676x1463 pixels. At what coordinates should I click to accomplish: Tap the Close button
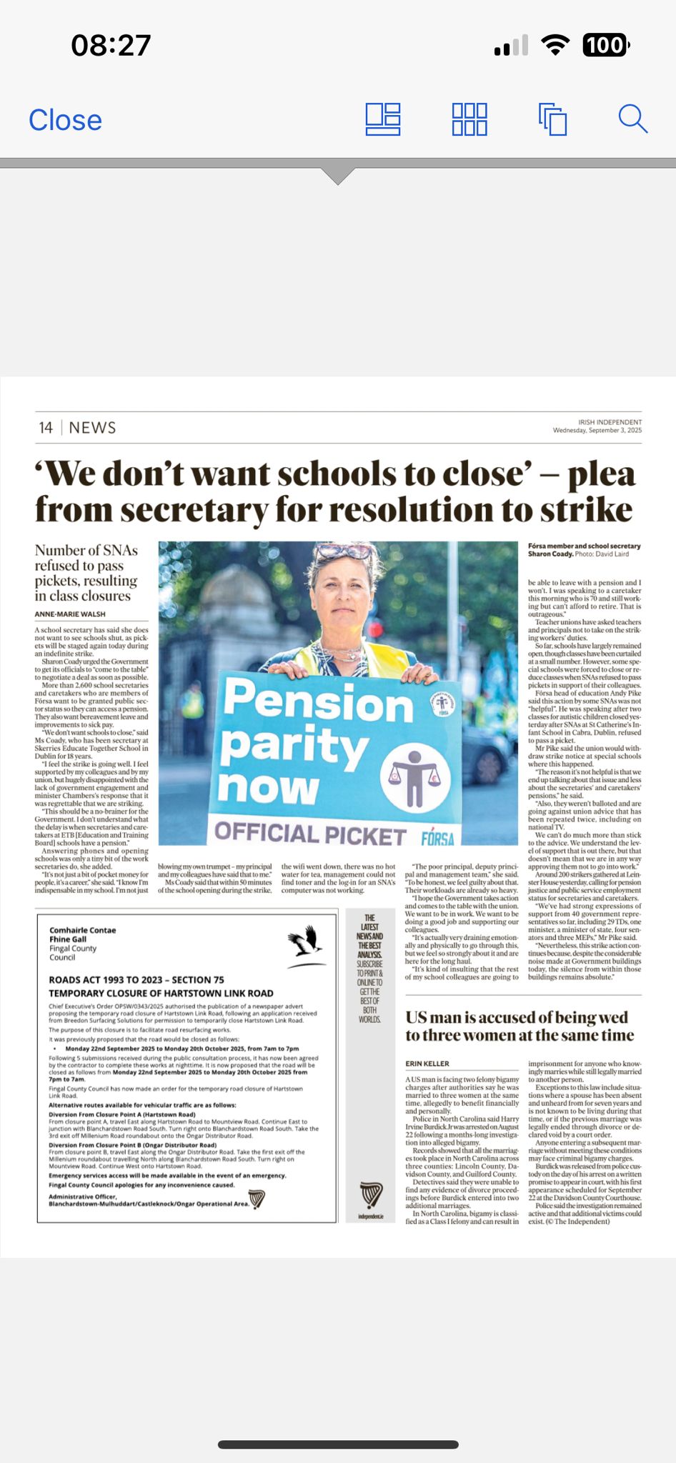65,120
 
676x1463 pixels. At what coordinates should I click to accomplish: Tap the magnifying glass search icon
632,119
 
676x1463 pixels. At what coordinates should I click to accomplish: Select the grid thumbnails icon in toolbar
469,119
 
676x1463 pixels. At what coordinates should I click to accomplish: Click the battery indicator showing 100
606,46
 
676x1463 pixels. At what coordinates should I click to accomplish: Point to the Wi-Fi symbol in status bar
555,45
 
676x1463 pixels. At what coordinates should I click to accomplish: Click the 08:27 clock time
111,46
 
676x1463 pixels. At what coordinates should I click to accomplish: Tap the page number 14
46,428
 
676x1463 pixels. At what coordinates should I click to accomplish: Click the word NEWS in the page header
92,428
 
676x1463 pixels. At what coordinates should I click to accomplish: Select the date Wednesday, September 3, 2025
597,431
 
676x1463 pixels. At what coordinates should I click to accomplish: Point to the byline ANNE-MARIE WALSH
70,614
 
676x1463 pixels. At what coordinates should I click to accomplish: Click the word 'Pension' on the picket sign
318,701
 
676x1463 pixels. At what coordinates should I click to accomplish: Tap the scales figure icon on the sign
414,777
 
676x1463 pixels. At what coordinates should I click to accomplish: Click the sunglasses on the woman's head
349,551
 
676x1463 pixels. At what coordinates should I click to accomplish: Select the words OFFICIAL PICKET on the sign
310,833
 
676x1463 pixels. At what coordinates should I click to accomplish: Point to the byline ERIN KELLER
427,1064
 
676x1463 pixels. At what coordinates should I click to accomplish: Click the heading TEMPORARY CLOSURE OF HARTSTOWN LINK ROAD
161,994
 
